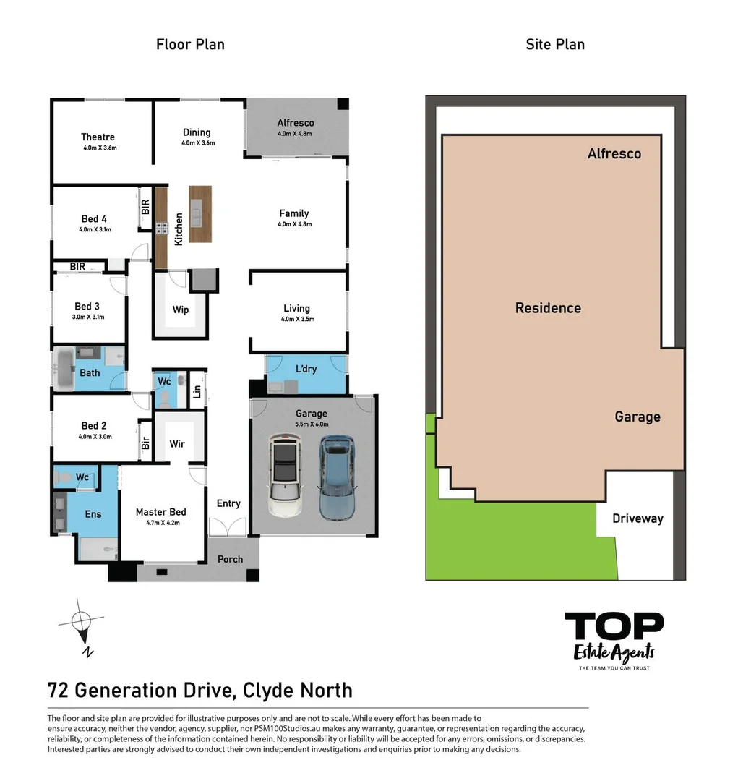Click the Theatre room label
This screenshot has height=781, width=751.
pos(98,137)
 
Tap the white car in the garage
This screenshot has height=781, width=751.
pos(286,475)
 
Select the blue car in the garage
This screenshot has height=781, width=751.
pos(337,477)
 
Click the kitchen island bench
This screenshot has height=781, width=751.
pos(200,214)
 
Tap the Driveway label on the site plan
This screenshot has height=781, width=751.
pos(637,518)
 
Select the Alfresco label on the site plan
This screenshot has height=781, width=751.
pos(614,153)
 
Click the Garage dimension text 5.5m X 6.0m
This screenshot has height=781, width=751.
pos(311,424)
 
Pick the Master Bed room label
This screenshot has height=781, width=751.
pos(160,512)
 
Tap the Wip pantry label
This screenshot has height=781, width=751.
pos(181,310)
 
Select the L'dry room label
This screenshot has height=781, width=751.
pos(306,369)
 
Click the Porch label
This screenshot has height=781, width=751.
pos(230,559)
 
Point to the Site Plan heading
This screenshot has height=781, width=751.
pos(554,44)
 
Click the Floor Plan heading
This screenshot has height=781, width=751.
pos(190,44)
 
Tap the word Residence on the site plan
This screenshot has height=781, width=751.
pos(547,308)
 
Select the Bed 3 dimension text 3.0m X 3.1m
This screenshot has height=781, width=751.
pos(88,317)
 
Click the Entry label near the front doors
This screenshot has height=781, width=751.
pos(228,503)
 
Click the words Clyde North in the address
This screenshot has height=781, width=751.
pos(298,690)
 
